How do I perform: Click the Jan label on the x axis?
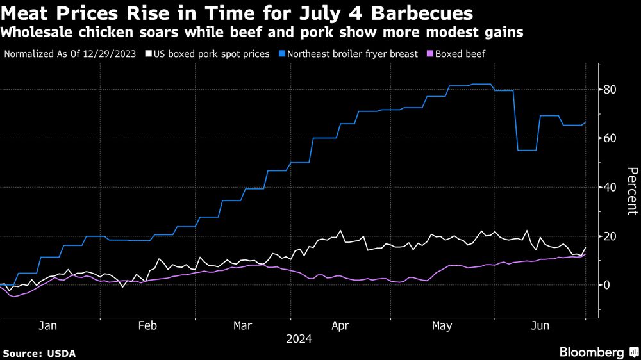tap(48, 325)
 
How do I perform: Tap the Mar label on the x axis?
tap(243, 325)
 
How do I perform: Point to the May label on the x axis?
tap(442, 325)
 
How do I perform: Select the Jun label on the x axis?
tap(540, 325)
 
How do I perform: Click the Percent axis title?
tap(632, 190)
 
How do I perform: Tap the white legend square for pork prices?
tap(149, 54)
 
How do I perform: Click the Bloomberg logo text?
tap(592, 352)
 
